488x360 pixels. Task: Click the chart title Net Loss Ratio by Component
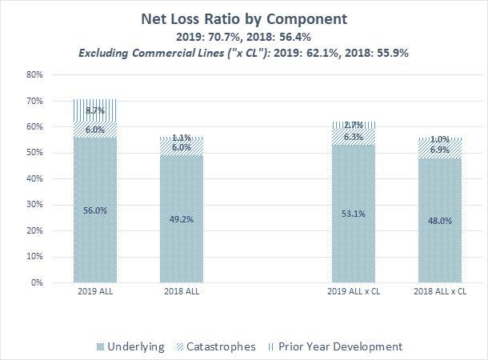[x=244, y=18]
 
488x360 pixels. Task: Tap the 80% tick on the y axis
[x=34, y=74]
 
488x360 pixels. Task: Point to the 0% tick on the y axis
[x=37, y=282]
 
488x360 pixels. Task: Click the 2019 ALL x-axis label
[x=95, y=293]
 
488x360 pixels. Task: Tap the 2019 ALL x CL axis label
[x=354, y=293]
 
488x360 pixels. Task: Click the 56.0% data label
[x=95, y=210]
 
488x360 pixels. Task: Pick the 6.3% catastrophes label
[x=354, y=137]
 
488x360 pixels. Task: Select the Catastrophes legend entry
[x=220, y=346]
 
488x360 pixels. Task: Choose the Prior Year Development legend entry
[x=338, y=346]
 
